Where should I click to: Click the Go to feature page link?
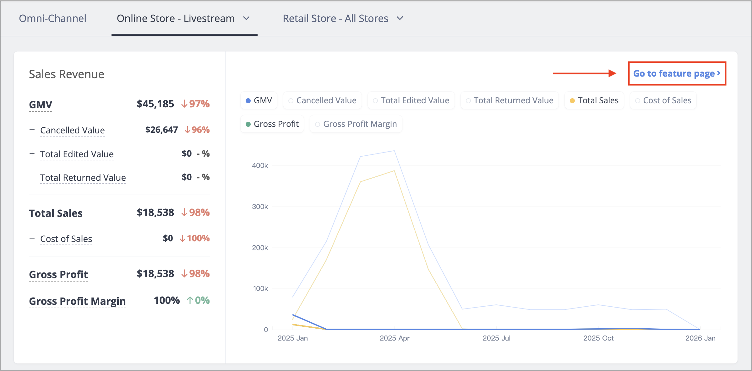677,73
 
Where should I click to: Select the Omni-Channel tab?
52,19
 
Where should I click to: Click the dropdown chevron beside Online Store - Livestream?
246,19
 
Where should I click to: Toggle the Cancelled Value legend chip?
322,100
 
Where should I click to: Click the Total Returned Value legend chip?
510,100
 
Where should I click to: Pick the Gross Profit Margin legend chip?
356,124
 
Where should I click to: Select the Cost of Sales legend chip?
663,100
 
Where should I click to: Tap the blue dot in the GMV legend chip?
248,101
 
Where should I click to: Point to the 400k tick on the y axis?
260,165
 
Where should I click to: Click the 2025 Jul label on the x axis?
496,338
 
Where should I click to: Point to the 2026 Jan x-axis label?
700,338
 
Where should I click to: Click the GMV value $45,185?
155,104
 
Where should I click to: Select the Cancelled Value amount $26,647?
161,130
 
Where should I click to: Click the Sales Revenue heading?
67,74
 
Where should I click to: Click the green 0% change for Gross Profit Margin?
198,300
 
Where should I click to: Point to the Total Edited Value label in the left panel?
77,154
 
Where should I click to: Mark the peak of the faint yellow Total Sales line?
394,171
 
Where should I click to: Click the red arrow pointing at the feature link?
585,73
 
